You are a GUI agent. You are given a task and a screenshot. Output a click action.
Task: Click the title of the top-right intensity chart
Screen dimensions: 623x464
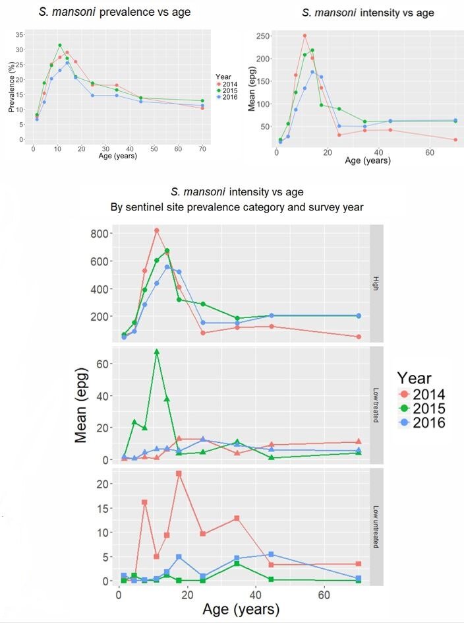[x=368, y=13]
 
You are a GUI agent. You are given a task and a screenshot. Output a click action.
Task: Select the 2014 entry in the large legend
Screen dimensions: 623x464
[x=429, y=395]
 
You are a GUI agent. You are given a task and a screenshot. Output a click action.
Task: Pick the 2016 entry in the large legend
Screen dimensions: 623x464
[x=429, y=422]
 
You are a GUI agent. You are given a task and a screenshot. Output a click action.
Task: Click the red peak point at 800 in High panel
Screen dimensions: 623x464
[x=157, y=230]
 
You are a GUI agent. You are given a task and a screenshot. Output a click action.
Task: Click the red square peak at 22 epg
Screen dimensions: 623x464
[x=179, y=474]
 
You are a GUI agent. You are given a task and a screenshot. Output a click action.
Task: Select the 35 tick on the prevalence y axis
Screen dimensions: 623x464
[x=20, y=34]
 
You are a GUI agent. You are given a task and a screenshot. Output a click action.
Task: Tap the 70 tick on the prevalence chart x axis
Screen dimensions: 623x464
[x=202, y=149]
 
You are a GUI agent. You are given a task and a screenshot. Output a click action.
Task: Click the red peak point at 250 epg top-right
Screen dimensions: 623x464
[x=304, y=36]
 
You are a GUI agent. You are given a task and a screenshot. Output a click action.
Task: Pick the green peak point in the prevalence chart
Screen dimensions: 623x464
[x=60, y=46]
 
